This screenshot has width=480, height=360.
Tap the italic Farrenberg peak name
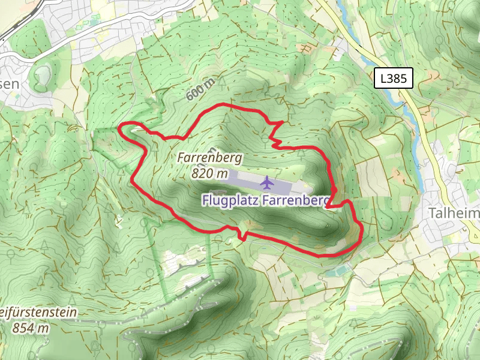(209, 158)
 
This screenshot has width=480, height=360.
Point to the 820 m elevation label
(210, 173)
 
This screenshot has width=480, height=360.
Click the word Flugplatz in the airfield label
(230, 200)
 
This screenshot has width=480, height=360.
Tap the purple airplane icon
(267, 181)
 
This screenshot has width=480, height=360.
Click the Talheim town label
(454, 214)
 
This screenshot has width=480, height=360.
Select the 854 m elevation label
(29, 328)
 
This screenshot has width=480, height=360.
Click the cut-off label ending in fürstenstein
(39, 313)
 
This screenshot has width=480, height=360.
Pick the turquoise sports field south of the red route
(340, 271)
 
